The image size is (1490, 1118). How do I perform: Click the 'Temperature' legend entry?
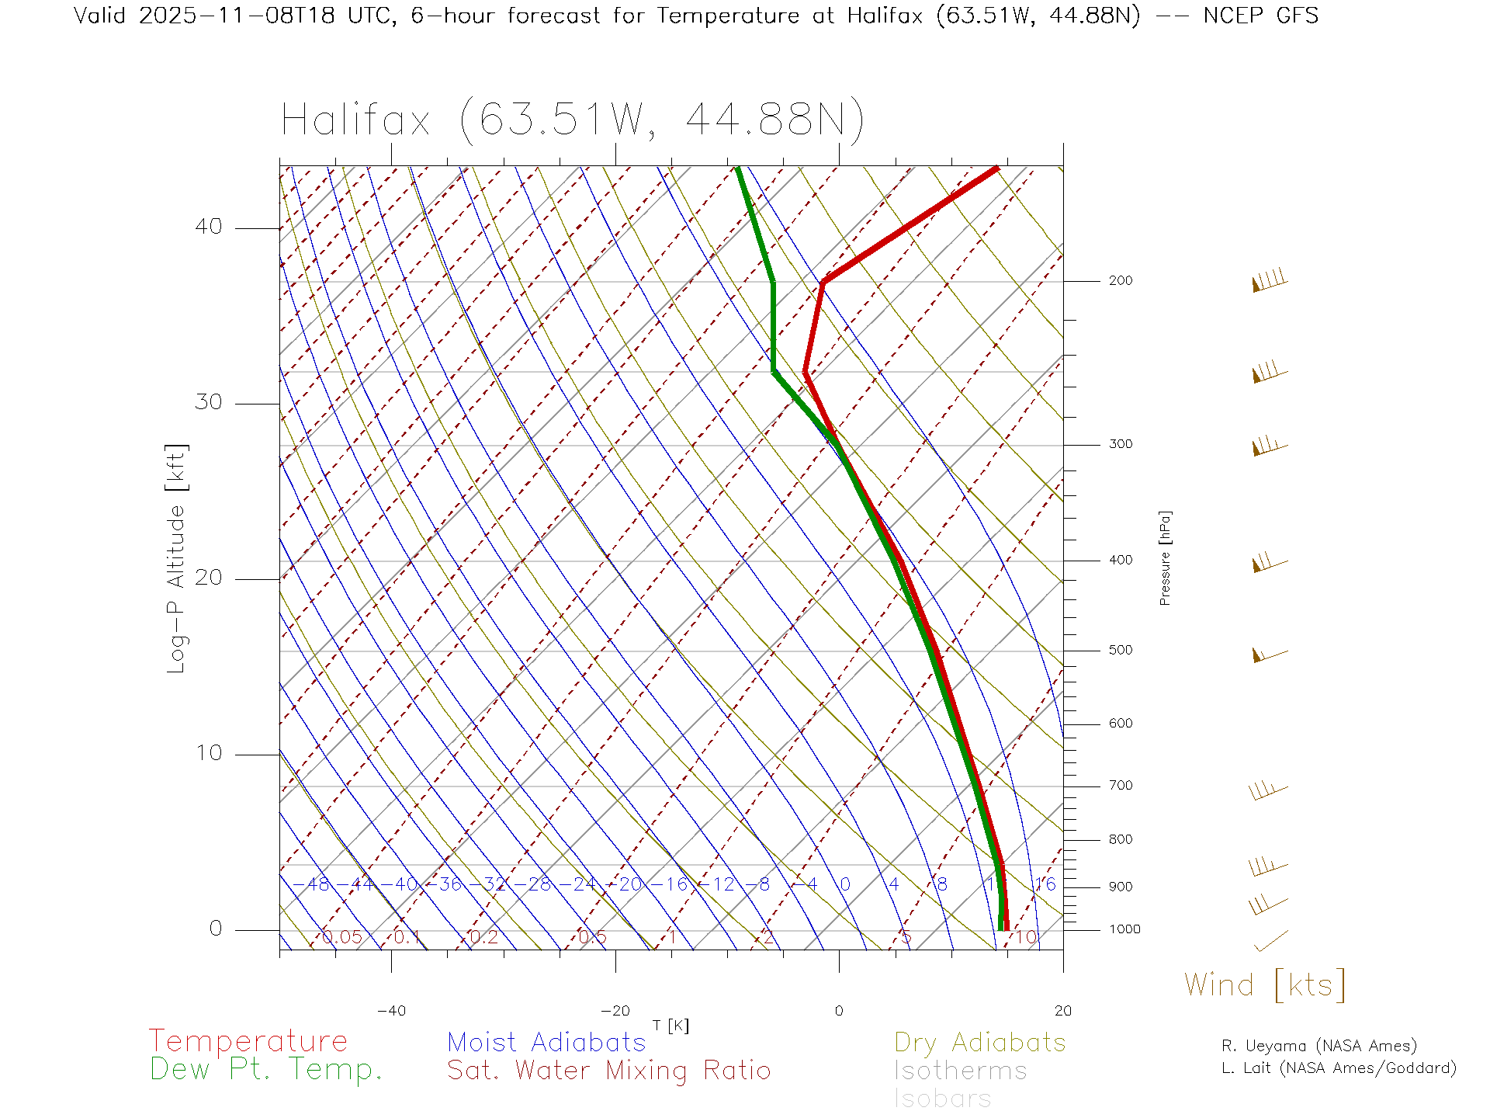coord(248,1040)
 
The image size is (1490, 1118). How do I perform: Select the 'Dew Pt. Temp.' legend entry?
coord(266,1069)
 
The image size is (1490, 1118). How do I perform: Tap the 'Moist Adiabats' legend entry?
coord(546,1042)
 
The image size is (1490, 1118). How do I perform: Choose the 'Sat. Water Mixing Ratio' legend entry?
coord(608,1070)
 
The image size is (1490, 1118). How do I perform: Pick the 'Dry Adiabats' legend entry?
coord(979,1042)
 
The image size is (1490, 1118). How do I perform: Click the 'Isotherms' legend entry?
coord(960,1071)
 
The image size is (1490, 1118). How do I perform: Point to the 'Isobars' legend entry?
coord(942,1099)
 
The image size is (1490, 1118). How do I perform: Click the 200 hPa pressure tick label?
coord(1120,280)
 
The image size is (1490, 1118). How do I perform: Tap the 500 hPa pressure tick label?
coord(1120,650)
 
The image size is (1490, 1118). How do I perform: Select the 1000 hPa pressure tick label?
coord(1124,929)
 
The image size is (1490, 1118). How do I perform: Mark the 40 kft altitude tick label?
coord(208,227)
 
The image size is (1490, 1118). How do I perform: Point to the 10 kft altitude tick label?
coord(208,753)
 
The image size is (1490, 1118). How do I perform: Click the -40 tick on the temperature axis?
coord(391,1011)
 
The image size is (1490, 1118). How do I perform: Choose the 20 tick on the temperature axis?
coord(1062,1011)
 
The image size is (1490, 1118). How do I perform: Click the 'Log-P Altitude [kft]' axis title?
coord(177,558)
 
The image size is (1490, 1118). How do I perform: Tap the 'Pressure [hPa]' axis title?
coord(1165,558)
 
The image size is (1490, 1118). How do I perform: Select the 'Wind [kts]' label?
coord(1264,984)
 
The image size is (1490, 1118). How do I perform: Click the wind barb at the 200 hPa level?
coord(1269,281)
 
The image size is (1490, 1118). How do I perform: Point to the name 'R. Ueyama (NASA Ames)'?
coord(1318,1046)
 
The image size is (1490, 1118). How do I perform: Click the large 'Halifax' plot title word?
coord(355,120)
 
